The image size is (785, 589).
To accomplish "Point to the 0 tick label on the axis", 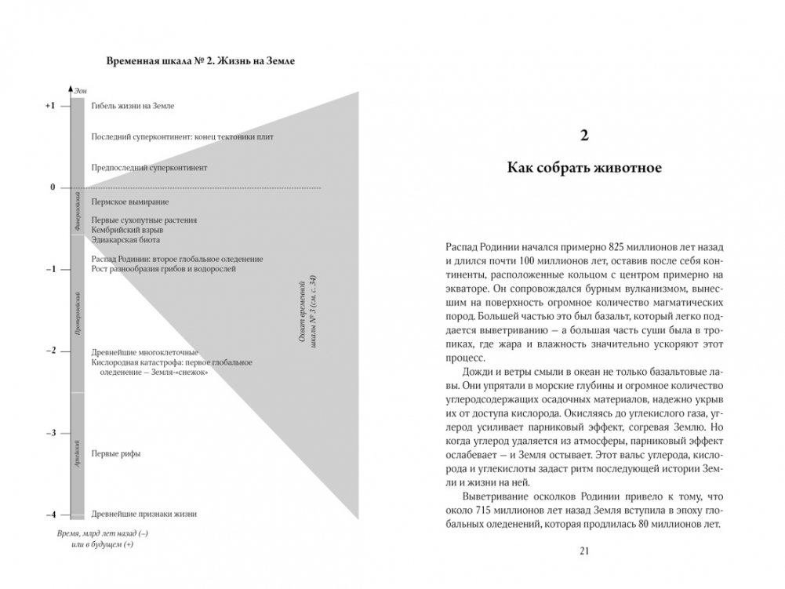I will (x=53, y=187).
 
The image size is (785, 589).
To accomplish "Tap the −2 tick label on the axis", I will (x=50, y=351).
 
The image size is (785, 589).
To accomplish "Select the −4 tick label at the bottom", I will (x=50, y=514).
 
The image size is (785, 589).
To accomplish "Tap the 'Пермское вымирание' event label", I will (x=130, y=202).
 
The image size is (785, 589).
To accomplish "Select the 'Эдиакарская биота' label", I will (x=128, y=240).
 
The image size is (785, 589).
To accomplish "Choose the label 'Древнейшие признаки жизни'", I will (x=144, y=514).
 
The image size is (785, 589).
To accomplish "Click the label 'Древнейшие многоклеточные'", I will (x=144, y=351).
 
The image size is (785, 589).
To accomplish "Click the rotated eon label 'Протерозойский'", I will (x=78, y=314).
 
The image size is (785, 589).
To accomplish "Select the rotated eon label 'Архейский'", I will (x=78, y=455).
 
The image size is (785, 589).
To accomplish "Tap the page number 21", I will (x=583, y=551).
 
